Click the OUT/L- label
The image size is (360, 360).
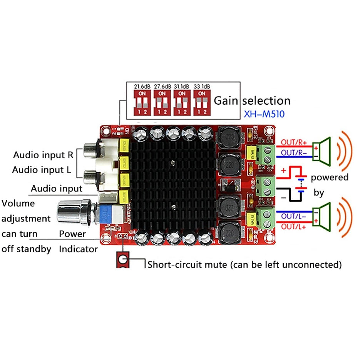[294, 216]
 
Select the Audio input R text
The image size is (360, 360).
[43, 155]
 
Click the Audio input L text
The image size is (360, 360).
[42, 170]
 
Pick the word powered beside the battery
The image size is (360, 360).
[330, 177]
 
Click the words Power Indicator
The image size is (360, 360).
[78, 241]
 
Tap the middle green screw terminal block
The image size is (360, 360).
[265, 187]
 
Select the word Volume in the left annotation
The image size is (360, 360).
[18, 203]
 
